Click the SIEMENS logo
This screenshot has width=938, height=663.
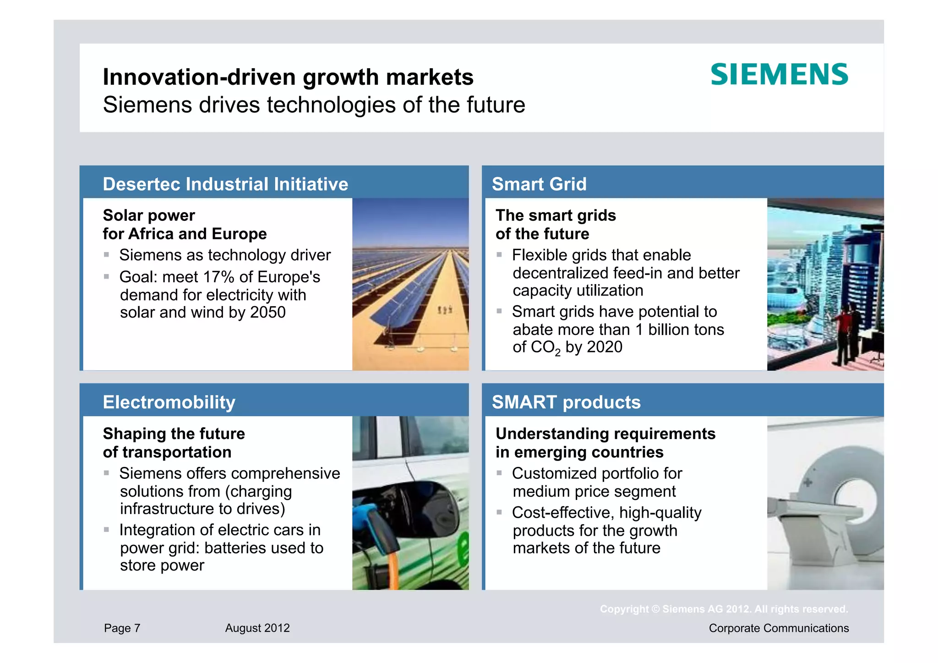tap(779, 75)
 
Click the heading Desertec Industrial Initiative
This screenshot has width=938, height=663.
tap(225, 184)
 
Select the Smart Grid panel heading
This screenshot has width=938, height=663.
tap(539, 184)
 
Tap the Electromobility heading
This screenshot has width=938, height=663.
tap(169, 402)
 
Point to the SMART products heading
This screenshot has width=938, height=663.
tap(566, 402)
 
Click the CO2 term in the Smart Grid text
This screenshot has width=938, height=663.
tap(545, 348)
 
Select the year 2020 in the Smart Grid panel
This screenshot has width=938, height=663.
tap(605, 347)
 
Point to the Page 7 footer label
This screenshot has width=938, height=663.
tap(122, 628)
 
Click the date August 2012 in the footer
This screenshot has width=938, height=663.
tap(257, 628)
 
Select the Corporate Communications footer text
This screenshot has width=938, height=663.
tap(779, 628)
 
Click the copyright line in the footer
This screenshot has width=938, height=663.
tap(724, 609)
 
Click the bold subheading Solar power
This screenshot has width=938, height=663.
tap(149, 215)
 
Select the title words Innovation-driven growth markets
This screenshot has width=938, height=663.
tap(288, 77)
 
